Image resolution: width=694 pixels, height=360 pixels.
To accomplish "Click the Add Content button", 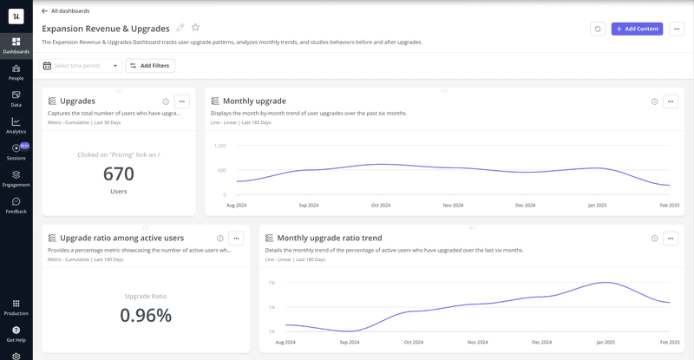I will point(637,29).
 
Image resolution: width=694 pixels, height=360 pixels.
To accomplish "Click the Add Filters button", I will point(150,65).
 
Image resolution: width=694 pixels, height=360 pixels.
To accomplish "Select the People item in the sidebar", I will point(16,72).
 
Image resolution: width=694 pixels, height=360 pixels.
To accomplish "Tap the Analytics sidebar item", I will point(16,126).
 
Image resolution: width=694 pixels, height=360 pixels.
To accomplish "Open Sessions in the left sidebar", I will point(16,152).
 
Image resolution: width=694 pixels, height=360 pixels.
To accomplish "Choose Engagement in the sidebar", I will point(16,179).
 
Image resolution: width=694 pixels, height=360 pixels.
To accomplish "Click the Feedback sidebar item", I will point(16,206).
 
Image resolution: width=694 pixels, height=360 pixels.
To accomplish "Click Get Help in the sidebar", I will point(16,333).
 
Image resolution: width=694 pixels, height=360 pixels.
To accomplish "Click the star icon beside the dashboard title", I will point(195,28).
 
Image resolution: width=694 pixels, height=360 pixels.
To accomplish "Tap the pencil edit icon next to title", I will point(180,28).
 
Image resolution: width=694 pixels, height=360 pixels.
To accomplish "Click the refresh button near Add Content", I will point(598,29).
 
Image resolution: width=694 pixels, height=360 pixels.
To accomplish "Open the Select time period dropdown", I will point(82,65).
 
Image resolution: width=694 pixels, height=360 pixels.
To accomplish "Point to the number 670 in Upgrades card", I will point(119,174).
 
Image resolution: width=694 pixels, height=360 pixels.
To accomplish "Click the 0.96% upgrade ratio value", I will point(146,316).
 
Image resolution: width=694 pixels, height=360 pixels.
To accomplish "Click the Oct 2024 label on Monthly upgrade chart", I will point(381,206).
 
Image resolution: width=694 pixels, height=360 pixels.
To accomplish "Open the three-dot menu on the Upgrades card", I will point(181,101).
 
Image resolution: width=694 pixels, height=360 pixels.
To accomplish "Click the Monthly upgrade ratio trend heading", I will point(330,238).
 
